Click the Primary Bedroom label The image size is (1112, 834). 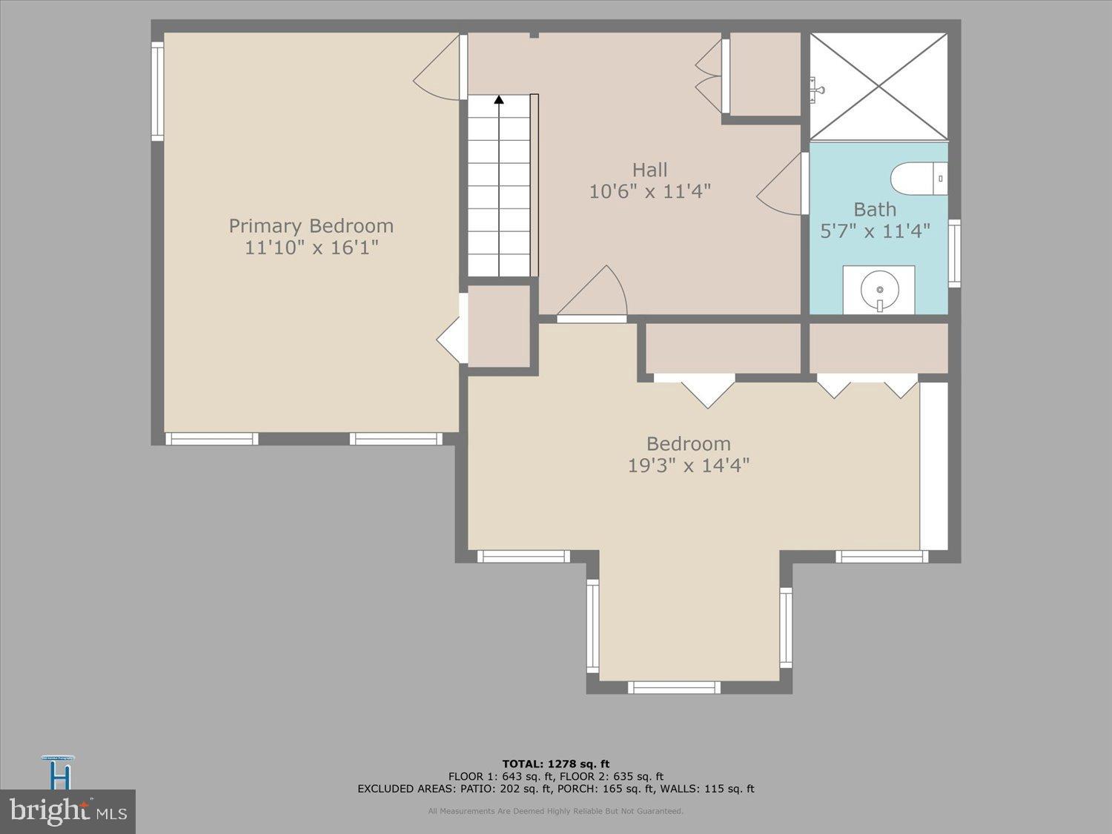pos(311,225)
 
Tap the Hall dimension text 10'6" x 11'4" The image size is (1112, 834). pos(649,192)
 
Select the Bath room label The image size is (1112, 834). pos(875,210)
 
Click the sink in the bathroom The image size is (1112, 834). pos(878,290)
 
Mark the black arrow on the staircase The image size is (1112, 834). pos(499,99)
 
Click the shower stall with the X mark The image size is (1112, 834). pos(878,85)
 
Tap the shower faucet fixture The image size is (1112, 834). pos(817,89)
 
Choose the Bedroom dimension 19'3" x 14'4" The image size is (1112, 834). pos(689,466)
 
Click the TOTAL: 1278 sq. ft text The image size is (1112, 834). pos(555,764)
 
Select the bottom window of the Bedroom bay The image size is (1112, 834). pos(674,687)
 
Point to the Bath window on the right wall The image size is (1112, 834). pos(955,254)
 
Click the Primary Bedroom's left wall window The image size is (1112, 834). pos(157,91)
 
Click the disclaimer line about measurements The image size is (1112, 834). pos(555,811)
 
